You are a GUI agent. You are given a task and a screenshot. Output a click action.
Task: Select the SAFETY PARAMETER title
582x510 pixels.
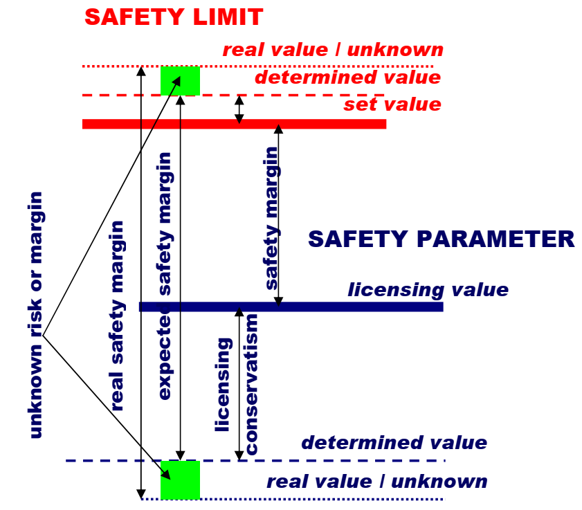point(441,239)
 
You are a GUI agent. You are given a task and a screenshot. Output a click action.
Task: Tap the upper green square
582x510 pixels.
point(180,80)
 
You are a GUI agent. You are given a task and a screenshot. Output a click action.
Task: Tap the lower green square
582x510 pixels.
point(180,480)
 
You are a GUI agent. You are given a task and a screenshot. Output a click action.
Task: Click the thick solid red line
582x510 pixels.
point(311,124)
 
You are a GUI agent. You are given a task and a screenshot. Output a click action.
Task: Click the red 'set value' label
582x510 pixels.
point(392,104)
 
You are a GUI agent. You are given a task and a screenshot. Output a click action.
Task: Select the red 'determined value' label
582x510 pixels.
point(347,77)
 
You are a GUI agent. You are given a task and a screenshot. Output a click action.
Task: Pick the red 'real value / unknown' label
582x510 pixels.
point(332,50)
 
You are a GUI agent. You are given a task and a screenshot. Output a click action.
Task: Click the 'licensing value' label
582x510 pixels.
point(428,289)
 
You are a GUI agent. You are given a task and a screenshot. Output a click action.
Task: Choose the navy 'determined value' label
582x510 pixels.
point(394,442)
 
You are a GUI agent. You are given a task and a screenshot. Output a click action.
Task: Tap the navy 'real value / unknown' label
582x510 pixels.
point(376,481)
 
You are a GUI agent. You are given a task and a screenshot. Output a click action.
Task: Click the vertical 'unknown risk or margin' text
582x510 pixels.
point(36,315)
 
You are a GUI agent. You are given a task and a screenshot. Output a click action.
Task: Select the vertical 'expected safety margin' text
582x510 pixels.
point(165,284)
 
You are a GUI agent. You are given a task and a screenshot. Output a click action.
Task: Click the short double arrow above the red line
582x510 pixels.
point(239,109)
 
